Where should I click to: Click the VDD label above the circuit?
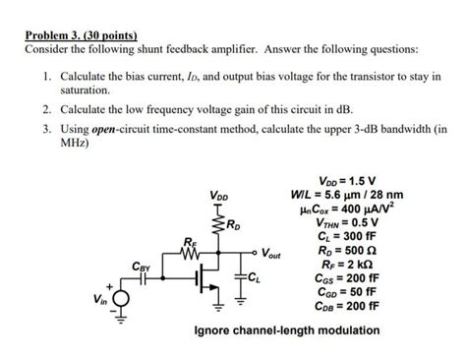click(220, 196)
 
